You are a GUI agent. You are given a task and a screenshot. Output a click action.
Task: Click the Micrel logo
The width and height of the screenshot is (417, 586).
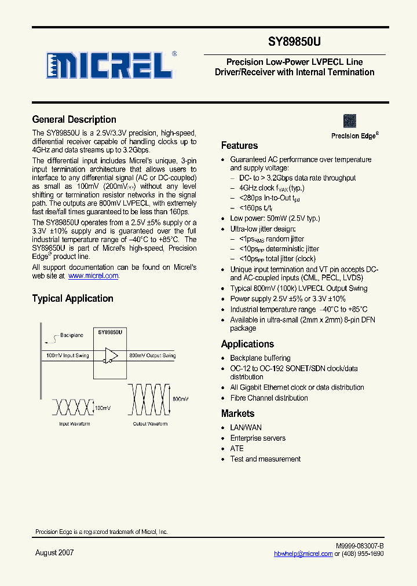pos(110,65)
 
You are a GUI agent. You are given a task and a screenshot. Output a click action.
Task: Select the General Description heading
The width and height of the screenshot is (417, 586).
pos(74,120)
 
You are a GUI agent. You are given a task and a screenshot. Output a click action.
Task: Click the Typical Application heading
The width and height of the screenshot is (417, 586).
pos(72,299)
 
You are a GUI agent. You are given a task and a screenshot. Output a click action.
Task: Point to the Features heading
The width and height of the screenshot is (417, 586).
pos(239,146)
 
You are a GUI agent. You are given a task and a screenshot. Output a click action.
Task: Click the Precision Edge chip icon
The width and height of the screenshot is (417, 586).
pos(349,121)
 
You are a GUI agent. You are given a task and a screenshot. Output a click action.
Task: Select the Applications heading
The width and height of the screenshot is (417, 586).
pos(247,344)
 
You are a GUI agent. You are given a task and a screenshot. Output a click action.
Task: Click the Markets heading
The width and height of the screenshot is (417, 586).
pos(237,413)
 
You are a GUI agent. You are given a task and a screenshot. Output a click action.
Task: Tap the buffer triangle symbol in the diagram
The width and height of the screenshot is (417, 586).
pos(111,356)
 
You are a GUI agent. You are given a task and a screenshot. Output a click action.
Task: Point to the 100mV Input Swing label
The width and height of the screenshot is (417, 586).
pos(67,356)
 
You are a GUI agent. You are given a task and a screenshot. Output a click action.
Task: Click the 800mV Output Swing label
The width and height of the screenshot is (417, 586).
pos(152,356)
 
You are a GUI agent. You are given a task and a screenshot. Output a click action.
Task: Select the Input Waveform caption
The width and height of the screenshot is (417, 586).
pos(72,424)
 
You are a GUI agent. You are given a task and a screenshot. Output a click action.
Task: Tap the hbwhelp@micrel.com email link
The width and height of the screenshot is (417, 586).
pos(303,554)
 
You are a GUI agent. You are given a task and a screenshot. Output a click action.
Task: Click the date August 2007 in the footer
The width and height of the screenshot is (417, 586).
pos(54,553)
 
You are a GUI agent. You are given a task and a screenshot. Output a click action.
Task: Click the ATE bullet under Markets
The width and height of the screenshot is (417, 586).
pos(237,449)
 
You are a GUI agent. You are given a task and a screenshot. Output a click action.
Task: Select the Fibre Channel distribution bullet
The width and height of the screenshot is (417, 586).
pos(269,398)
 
